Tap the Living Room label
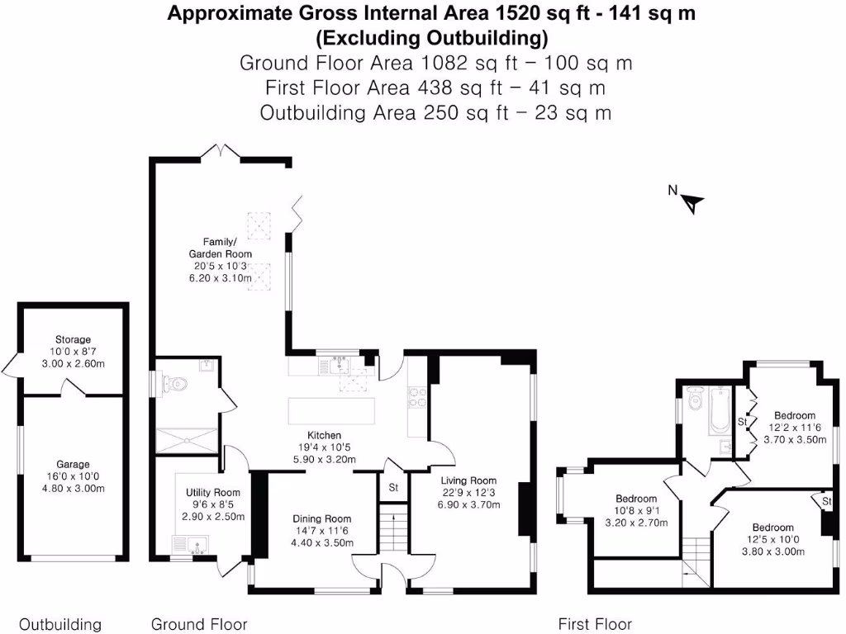pyautogui.click(x=468, y=480)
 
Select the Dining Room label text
pyautogui.click(x=323, y=518)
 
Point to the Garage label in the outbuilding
pyautogui.click(x=74, y=464)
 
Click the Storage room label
pyautogui.click(x=74, y=339)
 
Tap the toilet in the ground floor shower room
pyautogui.click(x=176, y=383)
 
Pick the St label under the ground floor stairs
pyautogui.click(x=393, y=488)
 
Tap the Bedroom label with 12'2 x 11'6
pyautogui.click(x=795, y=415)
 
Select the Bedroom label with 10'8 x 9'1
pyautogui.click(x=636, y=499)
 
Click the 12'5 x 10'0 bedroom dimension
pyautogui.click(x=772, y=540)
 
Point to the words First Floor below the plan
pyautogui.click(x=595, y=624)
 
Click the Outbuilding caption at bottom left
pyautogui.click(x=60, y=624)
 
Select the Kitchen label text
pyautogui.click(x=325, y=435)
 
